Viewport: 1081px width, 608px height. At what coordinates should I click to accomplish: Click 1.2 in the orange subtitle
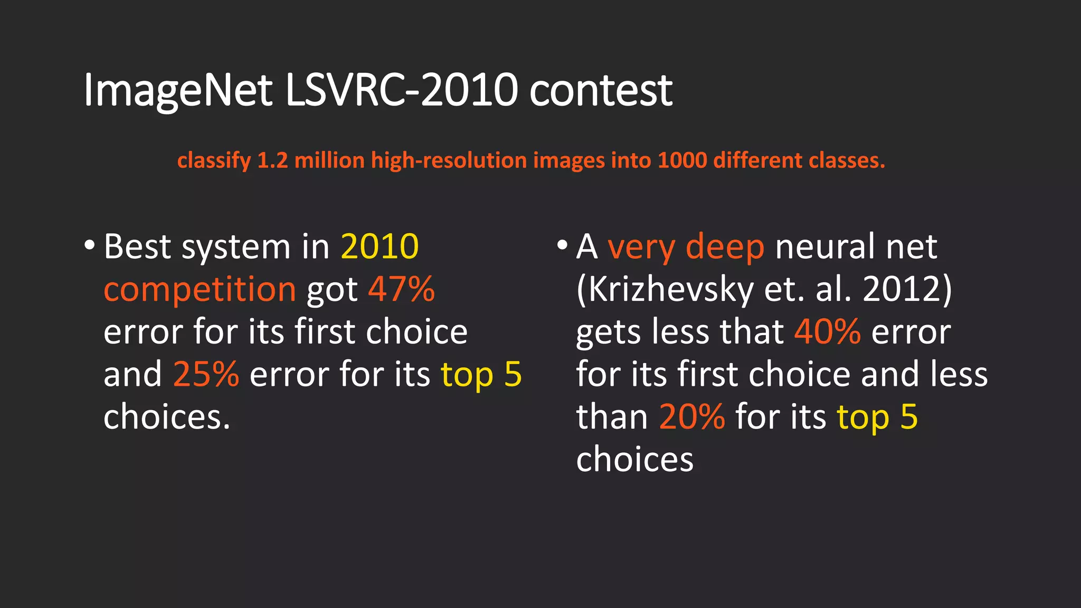pyautogui.click(x=272, y=160)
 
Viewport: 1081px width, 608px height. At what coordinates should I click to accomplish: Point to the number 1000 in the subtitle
pyautogui.click(x=682, y=160)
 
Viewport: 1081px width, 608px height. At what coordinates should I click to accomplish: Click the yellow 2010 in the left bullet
pyautogui.click(x=380, y=246)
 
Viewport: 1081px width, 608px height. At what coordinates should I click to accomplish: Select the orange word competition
pyautogui.click(x=200, y=290)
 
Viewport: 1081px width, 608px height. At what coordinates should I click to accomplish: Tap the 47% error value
pyautogui.click(x=401, y=289)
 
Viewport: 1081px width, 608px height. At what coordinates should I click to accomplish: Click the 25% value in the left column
pyautogui.click(x=206, y=374)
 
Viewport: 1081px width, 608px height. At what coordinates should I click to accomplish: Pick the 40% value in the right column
pyautogui.click(x=827, y=332)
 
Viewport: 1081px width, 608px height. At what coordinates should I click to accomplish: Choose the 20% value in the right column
pyautogui.click(x=692, y=417)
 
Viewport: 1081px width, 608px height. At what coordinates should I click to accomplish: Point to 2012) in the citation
pyautogui.click(x=907, y=289)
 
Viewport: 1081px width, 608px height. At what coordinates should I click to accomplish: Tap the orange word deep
pyautogui.click(x=724, y=246)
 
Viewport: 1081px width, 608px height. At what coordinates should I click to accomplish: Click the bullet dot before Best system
pyautogui.click(x=89, y=245)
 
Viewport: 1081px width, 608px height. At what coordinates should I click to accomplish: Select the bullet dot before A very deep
pyautogui.click(x=562, y=245)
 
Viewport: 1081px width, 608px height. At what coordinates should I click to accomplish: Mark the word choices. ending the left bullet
pyautogui.click(x=167, y=417)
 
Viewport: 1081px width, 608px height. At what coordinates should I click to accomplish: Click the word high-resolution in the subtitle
pyautogui.click(x=449, y=160)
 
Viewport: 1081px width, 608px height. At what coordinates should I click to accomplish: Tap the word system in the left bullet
pyautogui.click(x=236, y=248)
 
